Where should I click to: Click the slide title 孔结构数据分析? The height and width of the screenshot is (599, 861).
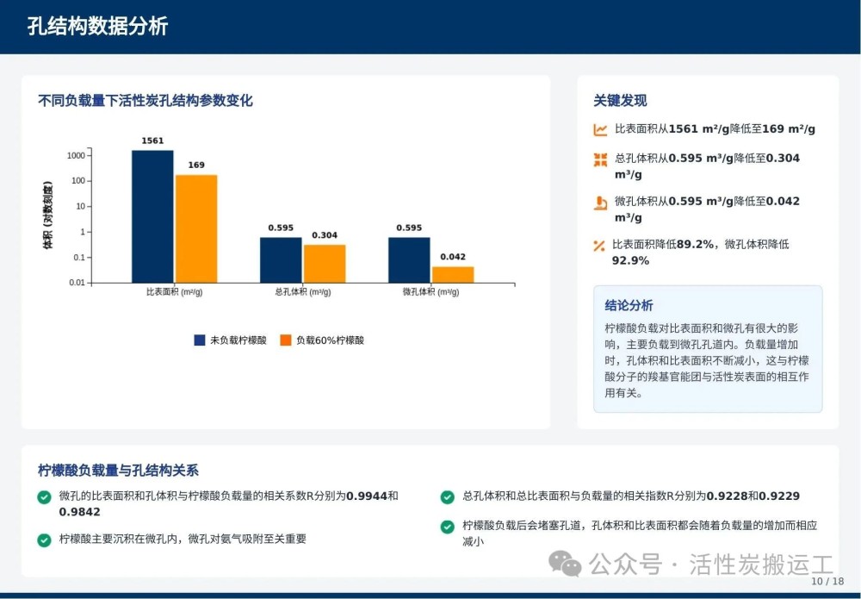(x=97, y=26)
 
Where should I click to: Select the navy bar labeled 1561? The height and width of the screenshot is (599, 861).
(x=152, y=216)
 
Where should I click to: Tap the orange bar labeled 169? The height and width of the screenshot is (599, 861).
(x=196, y=228)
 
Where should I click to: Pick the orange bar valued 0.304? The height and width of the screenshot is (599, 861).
(x=325, y=264)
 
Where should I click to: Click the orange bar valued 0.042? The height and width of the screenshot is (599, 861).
(x=453, y=275)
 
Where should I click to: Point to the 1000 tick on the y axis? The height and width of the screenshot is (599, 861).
(x=77, y=155)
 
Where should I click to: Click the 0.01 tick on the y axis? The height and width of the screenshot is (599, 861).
(x=77, y=283)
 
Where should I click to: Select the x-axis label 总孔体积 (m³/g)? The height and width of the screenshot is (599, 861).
(x=303, y=292)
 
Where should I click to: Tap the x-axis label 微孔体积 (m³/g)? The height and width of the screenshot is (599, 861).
(x=431, y=292)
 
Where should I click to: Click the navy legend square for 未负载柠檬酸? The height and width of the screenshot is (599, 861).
(x=200, y=340)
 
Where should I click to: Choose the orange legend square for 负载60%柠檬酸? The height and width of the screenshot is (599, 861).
(x=286, y=340)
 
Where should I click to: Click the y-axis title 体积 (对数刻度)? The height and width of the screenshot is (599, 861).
(x=47, y=215)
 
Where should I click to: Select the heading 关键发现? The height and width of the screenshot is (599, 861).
(x=620, y=101)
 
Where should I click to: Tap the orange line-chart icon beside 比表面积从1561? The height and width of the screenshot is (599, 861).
(x=600, y=129)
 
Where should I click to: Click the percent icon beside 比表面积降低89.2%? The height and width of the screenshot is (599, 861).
(x=599, y=246)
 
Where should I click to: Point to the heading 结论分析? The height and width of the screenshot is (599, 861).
(x=629, y=306)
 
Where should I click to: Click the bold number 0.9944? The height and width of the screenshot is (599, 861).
(x=367, y=496)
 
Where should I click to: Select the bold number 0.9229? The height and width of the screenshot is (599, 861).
(x=779, y=496)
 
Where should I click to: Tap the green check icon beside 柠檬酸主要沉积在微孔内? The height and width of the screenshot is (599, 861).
(x=44, y=540)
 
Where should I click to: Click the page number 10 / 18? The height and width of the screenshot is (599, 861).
(x=827, y=582)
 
